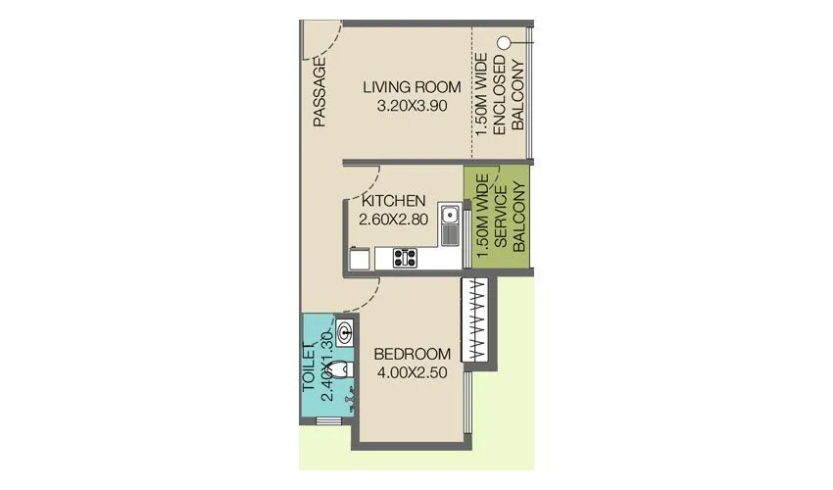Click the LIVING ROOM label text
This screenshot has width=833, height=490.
412,87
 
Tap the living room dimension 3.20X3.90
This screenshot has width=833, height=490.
412,106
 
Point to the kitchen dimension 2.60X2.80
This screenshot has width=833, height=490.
393,220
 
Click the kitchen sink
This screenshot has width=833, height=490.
449,224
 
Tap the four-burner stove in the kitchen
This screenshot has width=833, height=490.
405,259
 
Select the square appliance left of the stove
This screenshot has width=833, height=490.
360,259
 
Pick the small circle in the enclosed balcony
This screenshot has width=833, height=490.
504,43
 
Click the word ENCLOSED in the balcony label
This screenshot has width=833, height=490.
500,98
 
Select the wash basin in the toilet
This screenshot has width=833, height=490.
346,330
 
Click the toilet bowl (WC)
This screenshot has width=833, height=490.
337,370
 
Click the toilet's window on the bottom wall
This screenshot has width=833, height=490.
329,421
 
